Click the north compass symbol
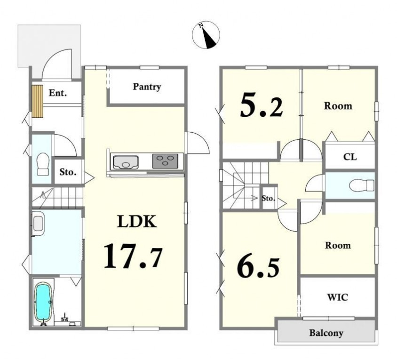pyautogui.click(x=206, y=35)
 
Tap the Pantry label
pyautogui.click(x=147, y=87)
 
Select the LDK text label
pyautogui.click(x=137, y=222)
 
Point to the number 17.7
pyautogui.click(x=133, y=256)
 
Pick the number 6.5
pyautogui.click(x=258, y=268)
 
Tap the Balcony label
pyautogui.click(x=326, y=333)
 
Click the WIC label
pyautogui.click(x=338, y=297)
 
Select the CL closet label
pyautogui.click(x=350, y=157)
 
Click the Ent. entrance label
pyautogui.click(x=58, y=93)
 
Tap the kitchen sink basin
pyautogui.click(x=126, y=162)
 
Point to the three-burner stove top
pyautogui.click(x=165, y=161)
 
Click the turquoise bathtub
pyautogui.click(x=44, y=302)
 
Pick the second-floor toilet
pyautogui.click(x=361, y=185)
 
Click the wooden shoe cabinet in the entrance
pyautogui.click(x=37, y=101)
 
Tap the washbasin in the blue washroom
pyautogui.click(x=38, y=224)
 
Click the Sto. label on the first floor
pyautogui.click(x=68, y=172)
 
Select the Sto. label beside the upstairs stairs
pyautogui.click(x=268, y=198)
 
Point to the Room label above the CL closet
pyautogui.click(x=338, y=106)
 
